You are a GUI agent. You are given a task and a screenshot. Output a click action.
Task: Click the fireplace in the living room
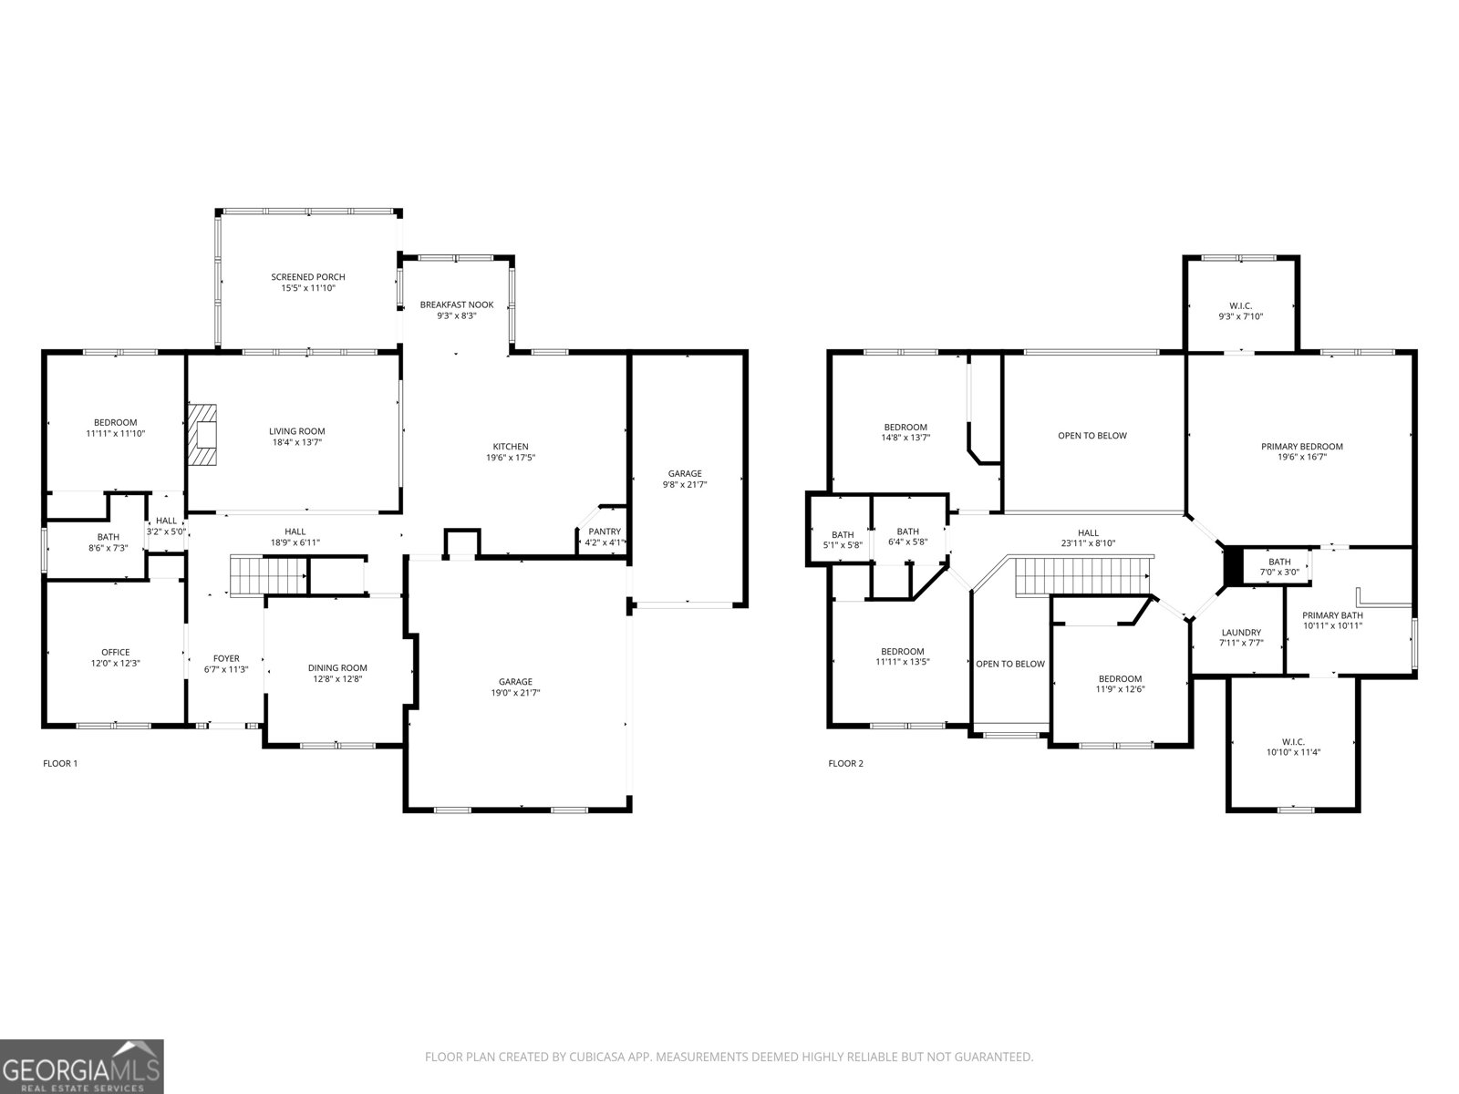tap(202, 436)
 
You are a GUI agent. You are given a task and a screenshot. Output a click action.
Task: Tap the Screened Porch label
tap(307, 277)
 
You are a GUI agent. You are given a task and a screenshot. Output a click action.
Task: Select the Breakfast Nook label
tap(457, 304)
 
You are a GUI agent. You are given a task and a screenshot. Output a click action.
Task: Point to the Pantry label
tap(605, 532)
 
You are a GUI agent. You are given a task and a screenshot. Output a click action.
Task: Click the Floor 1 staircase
tap(268, 576)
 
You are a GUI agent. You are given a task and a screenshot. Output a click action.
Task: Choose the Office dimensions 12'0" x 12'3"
tap(116, 663)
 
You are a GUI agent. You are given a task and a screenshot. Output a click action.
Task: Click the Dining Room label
tap(337, 667)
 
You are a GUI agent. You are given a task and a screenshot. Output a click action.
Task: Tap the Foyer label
tap(226, 658)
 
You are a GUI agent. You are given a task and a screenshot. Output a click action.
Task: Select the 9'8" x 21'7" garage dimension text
tap(685, 484)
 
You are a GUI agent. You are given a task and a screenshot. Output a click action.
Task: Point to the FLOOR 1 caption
tap(60, 763)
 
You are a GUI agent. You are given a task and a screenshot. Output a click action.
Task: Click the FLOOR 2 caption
tap(845, 763)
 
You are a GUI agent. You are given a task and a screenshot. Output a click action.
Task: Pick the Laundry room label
tap(1241, 633)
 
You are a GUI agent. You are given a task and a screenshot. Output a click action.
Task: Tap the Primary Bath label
tap(1332, 615)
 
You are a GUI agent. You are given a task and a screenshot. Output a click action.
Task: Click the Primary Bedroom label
tap(1302, 447)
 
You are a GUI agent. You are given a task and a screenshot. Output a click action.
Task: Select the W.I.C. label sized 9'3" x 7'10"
tap(1240, 305)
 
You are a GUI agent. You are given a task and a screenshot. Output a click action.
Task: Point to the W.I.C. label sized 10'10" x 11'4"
tap(1293, 741)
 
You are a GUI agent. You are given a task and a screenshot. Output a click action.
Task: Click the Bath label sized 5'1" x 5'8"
tap(843, 535)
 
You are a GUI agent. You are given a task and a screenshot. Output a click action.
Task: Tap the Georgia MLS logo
tap(82, 1067)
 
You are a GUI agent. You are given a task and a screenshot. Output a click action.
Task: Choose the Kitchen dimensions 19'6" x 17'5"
tap(511, 457)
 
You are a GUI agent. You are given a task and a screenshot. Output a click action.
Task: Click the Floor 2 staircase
tap(1083, 576)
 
